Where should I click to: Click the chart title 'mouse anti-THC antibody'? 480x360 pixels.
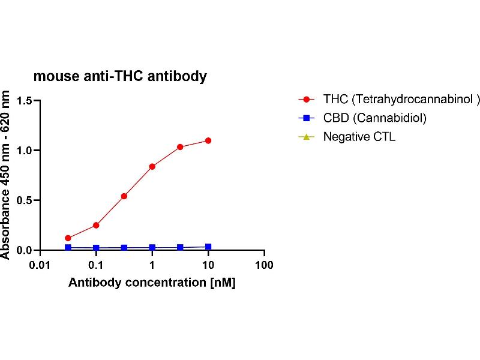pyautogui.click(x=120, y=76)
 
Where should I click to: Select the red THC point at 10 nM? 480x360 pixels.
pyautogui.click(x=208, y=140)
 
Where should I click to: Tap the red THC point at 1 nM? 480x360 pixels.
pyautogui.click(x=152, y=166)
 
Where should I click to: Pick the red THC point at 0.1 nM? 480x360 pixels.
pyautogui.click(x=96, y=225)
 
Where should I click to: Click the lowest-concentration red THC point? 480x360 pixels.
pyautogui.click(x=68, y=238)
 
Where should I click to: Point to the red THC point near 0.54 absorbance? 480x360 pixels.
pyautogui.click(x=124, y=196)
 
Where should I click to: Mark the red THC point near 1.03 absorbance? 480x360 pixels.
pyautogui.click(x=180, y=147)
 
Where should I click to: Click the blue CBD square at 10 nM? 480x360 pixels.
pyautogui.click(x=208, y=247)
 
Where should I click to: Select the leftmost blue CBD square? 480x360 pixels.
pyautogui.click(x=68, y=247)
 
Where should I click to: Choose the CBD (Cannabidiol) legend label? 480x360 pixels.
pyautogui.click(x=374, y=118)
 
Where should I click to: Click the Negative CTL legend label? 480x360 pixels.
pyautogui.click(x=359, y=136)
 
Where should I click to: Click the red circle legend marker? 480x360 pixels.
pyautogui.click(x=307, y=99)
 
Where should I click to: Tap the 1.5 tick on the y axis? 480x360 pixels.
pyautogui.click(x=24, y=100)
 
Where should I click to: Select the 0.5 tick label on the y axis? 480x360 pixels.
pyautogui.click(x=24, y=200)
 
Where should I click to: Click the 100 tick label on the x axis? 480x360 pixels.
pyautogui.click(x=264, y=265)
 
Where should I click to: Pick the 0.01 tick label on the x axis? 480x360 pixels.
pyautogui.click(x=40, y=265)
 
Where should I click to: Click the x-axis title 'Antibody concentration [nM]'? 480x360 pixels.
pyautogui.click(x=152, y=283)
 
